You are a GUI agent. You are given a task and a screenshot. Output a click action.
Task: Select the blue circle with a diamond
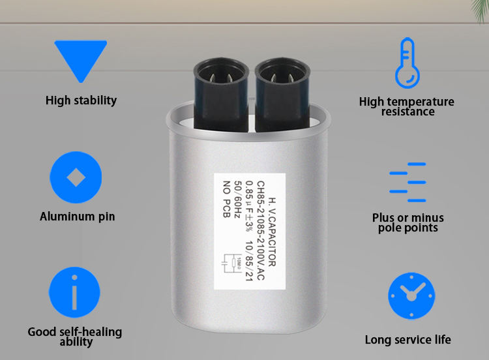click(76, 177)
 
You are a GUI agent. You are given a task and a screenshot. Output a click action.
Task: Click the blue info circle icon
click(74, 292)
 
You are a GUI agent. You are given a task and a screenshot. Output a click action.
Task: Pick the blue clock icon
click(411, 295)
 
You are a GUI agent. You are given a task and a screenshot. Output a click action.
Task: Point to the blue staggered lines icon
click(407, 182)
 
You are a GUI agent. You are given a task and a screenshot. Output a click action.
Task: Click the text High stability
click(81, 100)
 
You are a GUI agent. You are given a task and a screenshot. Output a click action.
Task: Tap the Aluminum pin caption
click(78, 217)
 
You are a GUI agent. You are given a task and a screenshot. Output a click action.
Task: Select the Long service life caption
click(408, 339)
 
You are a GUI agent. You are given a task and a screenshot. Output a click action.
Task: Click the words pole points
click(408, 228)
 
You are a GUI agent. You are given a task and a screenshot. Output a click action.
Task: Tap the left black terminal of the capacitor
click(221, 94)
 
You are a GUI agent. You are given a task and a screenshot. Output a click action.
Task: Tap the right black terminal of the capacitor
click(282, 94)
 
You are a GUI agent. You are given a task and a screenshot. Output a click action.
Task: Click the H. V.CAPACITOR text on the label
click(272, 232)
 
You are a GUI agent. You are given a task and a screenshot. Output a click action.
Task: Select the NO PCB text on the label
click(226, 199)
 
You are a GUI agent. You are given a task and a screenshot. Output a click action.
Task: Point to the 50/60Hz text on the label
click(238, 199)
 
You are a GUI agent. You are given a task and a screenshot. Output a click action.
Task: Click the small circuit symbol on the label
click(231, 263)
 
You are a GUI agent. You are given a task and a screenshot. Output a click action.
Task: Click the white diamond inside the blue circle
click(76, 177)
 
